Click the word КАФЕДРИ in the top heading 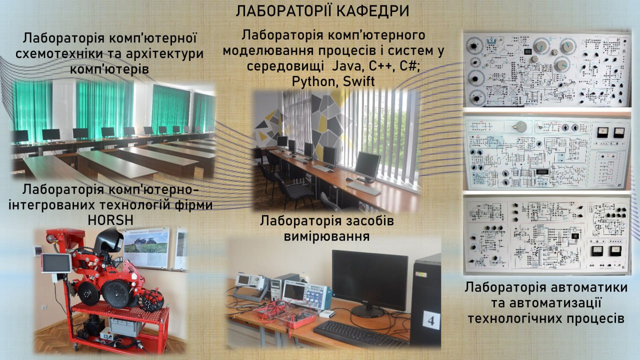373,11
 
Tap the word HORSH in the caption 110,220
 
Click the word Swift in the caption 358,81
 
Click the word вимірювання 326,236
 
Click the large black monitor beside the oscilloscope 369,281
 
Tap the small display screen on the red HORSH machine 56,262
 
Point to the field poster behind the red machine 146,247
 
